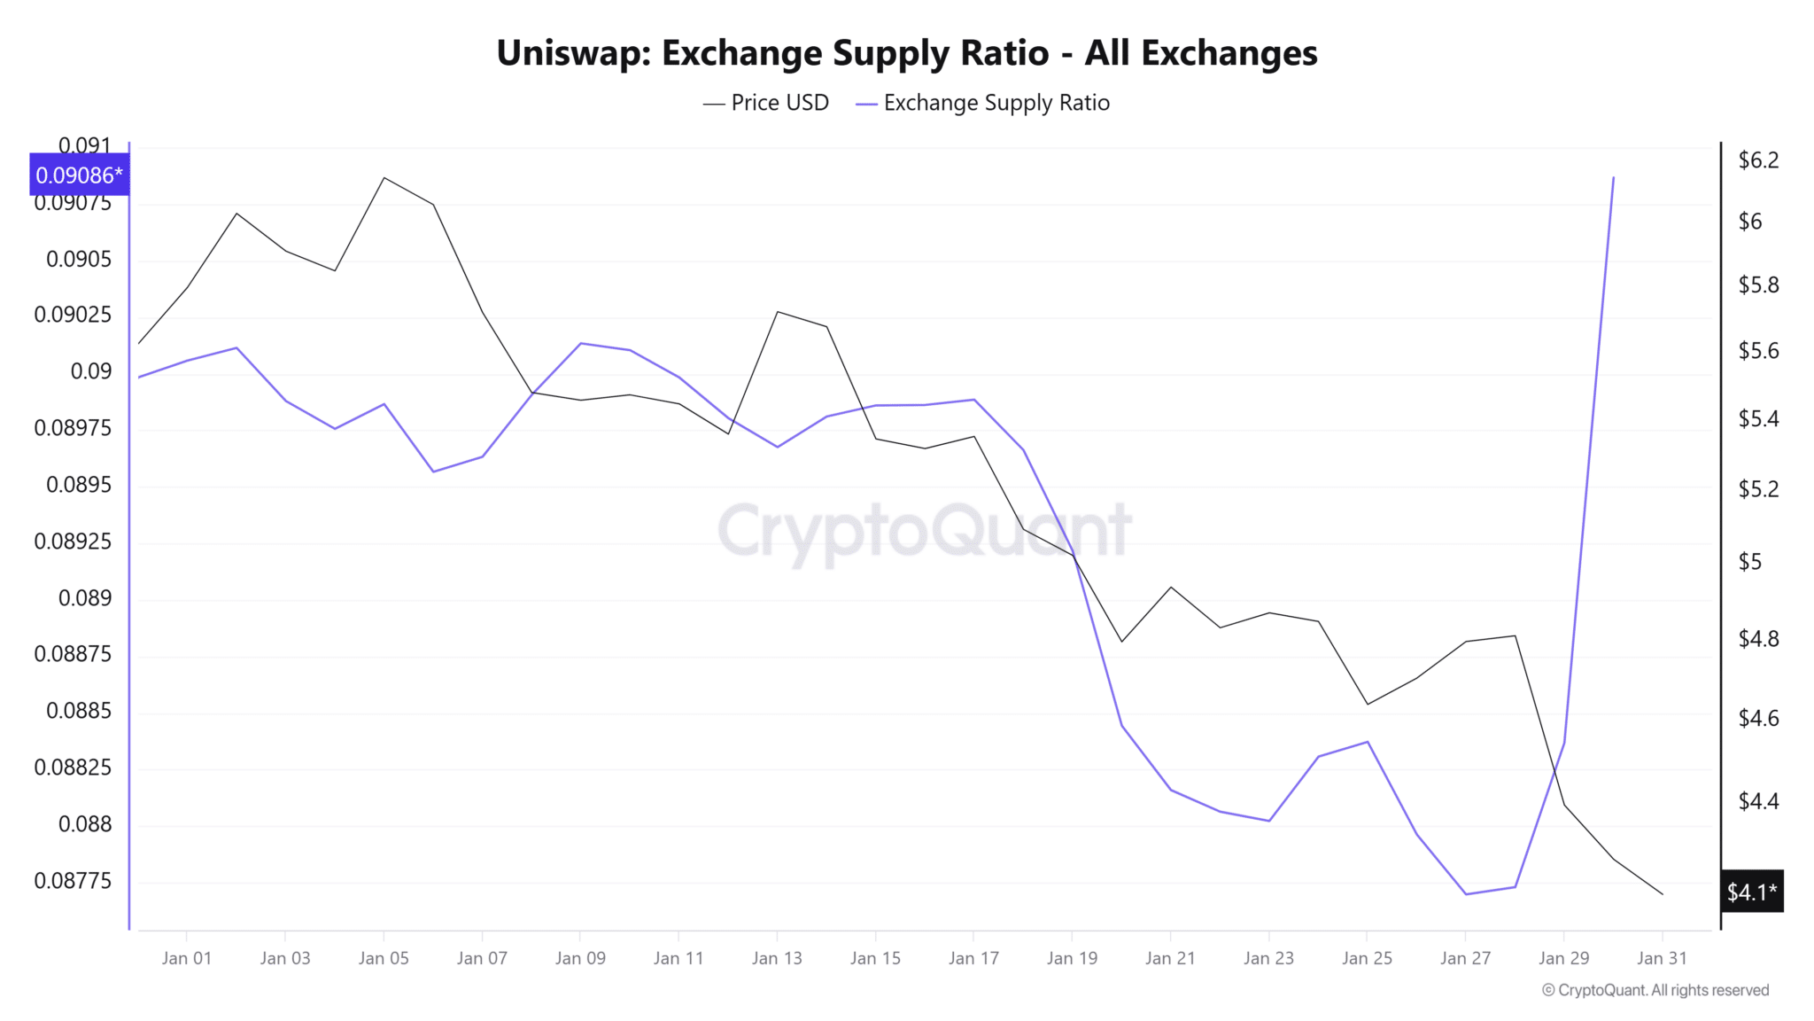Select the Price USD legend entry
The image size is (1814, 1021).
766,103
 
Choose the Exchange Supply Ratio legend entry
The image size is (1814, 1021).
983,103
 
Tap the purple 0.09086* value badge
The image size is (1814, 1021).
79,175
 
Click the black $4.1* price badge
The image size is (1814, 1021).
1751,892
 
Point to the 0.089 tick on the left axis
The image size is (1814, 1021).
85,598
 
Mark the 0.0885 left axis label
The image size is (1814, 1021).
79,711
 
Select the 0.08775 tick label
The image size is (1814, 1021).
73,881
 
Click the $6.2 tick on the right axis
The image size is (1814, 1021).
1758,160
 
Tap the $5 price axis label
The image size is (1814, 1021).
1750,562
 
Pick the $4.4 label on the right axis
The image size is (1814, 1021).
1758,801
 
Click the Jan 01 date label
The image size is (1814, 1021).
187,958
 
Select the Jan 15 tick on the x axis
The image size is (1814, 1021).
875,958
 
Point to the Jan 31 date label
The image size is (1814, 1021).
1662,958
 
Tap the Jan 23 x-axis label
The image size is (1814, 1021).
1268,958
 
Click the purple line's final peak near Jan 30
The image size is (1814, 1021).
1613,177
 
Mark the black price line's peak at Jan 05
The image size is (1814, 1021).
384,177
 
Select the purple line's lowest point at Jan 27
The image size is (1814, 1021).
1466,894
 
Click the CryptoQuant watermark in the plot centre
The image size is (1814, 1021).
924,530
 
